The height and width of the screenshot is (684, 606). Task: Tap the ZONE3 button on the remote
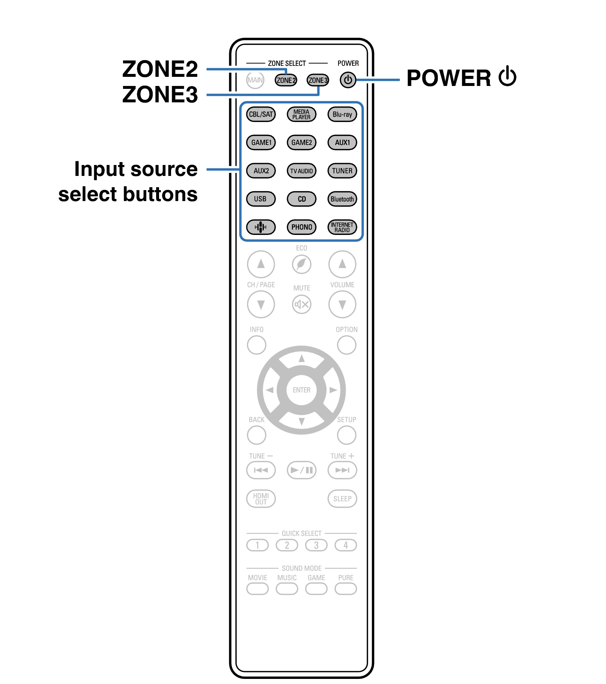[317, 80]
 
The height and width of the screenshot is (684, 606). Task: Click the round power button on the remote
[348, 80]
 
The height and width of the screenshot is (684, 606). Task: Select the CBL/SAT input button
[261, 114]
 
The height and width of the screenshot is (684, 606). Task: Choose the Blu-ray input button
[342, 114]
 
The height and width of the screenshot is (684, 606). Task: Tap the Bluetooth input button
[342, 199]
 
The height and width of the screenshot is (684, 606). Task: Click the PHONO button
[301, 227]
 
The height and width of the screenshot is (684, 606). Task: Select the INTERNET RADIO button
[342, 227]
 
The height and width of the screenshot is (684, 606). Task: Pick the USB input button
[261, 199]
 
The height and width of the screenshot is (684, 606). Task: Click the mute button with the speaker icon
[301, 304]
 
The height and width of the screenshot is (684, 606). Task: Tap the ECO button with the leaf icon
[301, 264]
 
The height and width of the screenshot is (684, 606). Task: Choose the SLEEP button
[342, 498]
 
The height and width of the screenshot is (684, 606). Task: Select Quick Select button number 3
[316, 545]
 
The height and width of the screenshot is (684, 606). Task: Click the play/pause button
[301, 470]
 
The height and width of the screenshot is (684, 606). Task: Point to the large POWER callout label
[461, 78]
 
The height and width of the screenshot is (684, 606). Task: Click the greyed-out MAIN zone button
[255, 80]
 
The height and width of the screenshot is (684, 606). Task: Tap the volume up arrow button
[342, 264]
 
